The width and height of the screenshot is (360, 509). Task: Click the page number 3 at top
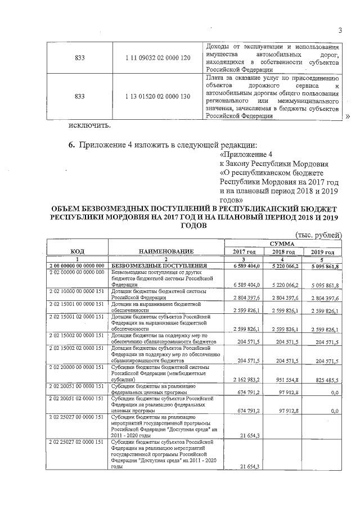click(x=340, y=30)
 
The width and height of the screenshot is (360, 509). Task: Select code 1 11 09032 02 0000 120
click(x=158, y=58)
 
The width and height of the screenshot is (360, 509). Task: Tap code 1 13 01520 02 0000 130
click(x=158, y=96)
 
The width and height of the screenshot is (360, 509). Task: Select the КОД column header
click(x=78, y=251)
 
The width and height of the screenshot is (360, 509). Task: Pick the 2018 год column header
click(x=283, y=251)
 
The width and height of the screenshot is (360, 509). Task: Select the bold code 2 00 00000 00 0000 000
click(x=77, y=265)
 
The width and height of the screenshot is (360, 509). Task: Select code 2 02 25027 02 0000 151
click(x=77, y=443)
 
